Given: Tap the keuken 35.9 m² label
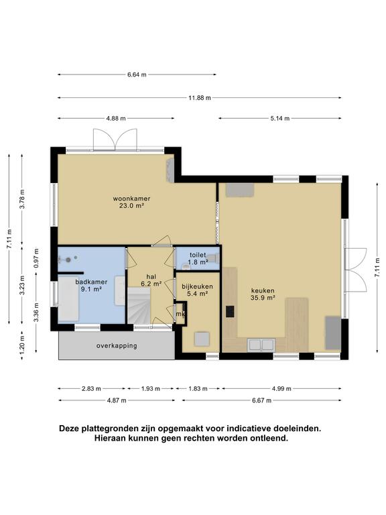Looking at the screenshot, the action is click(x=263, y=294).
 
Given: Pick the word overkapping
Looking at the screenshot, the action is click(x=117, y=346).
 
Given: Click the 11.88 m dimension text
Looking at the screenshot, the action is click(x=200, y=97).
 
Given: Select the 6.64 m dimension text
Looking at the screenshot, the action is click(x=137, y=74).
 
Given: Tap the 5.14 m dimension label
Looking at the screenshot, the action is click(x=280, y=118).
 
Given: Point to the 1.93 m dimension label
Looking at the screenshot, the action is click(x=151, y=388).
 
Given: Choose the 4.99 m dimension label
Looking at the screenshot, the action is click(x=281, y=388).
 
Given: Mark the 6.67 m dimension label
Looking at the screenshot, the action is click(x=261, y=400).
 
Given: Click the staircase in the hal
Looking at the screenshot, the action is click(x=139, y=306).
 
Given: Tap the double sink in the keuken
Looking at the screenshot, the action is click(x=261, y=345).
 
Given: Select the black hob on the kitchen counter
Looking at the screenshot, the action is click(x=230, y=311).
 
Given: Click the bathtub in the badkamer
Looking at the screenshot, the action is click(x=68, y=298).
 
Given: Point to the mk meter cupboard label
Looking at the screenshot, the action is click(x=180, y=314).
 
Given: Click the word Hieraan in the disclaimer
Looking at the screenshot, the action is click(x=109, y=438).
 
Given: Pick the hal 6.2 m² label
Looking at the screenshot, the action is click(x=151, y=280).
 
